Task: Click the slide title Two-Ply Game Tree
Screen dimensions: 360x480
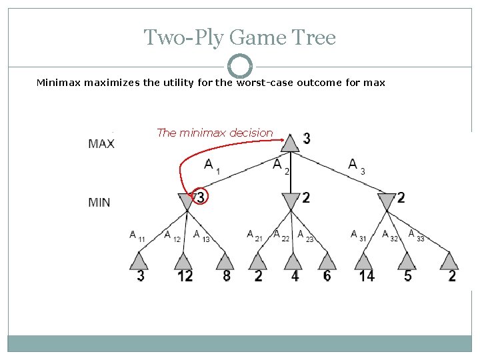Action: tap(240, 37)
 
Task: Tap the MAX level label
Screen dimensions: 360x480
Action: tap(101, 143)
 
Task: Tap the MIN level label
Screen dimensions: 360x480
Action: tap(99, 202)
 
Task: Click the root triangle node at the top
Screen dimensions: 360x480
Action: tap(290, 143)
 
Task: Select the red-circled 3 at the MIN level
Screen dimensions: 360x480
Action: tap(200, 197)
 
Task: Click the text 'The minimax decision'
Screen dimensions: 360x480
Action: tap(215, 133)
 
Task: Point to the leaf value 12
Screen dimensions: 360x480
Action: tap(185, 275)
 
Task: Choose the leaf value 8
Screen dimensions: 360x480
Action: tap(227, 275)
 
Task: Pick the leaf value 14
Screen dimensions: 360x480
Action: tap(366, 275)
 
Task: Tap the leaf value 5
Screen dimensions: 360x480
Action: tap(408, 275)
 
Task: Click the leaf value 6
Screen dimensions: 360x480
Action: tap(327, 275)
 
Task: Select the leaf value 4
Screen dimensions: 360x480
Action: tap(295, 275)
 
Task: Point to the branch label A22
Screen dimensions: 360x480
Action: tap(281, 235)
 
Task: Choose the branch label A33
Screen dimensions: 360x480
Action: tap(416, 235)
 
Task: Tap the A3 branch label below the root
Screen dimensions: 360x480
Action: tap(357, 165)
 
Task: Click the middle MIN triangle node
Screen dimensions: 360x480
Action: tap(291, 201)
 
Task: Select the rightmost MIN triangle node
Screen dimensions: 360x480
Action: tap(387, 201)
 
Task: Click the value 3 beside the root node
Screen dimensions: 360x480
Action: tap(306, 139)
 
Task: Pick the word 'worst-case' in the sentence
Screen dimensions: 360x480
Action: tap(262, 83)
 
